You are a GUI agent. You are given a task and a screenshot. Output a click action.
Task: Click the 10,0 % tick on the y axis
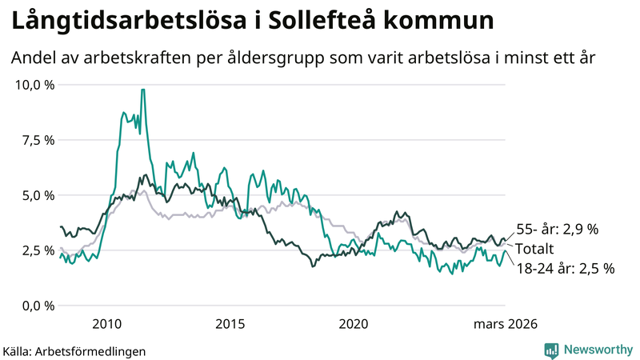pos(34,85)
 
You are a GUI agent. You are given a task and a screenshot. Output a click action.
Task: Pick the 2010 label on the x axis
pos(106,323)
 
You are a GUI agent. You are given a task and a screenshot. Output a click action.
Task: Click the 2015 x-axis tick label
pos(230,323)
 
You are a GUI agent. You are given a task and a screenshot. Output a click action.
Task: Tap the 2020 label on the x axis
pos(353,323)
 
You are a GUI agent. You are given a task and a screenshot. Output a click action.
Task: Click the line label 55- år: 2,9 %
pos(556,230)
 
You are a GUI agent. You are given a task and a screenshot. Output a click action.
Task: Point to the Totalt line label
pos(534,249)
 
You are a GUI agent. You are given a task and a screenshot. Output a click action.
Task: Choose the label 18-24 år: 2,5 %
pos(564,268)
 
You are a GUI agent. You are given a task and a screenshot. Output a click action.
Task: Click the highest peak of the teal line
pos(142,90)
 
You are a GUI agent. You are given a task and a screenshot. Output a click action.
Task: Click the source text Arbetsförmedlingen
pos(95,350)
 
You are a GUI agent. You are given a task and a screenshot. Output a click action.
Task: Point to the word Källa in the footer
pos(22,350)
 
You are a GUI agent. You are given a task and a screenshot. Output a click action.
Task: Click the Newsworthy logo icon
pos(551,350)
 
